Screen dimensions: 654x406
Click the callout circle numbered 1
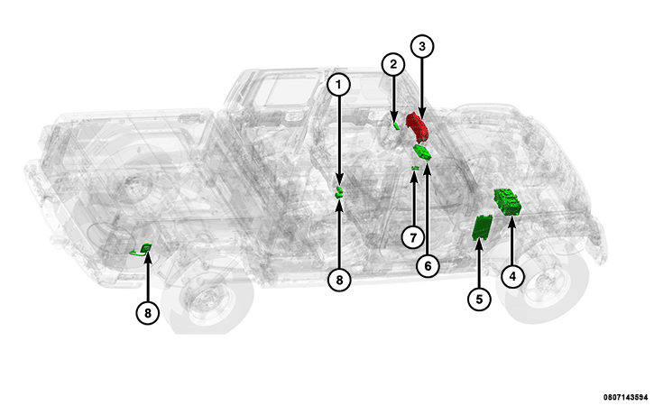(x=338, y=85)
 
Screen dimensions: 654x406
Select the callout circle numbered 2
(x=393, y=65)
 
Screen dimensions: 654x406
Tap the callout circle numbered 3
(x=422, y=46)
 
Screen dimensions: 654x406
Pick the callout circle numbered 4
(x=512, y=276)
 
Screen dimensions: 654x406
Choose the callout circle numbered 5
(x=479, y=300)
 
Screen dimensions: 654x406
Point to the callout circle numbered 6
(x=428, y=266)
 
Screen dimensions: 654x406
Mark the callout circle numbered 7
(x=413, y=238)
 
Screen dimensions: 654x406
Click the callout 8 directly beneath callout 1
(x=339, y=280)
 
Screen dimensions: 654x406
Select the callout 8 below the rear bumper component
(x=148, y=312)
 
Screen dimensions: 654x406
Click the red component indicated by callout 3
(x=418, y=127)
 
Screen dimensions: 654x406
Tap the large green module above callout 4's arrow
(x=508, y=202)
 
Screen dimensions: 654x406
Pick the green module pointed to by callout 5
(x=482, y=226)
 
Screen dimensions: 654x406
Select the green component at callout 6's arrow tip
(x=421, y=152)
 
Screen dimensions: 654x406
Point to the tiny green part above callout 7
(x=415, y=168)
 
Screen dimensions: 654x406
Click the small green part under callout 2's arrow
(x=396, y=125)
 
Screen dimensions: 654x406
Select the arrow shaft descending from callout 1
(x=339, y=140)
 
